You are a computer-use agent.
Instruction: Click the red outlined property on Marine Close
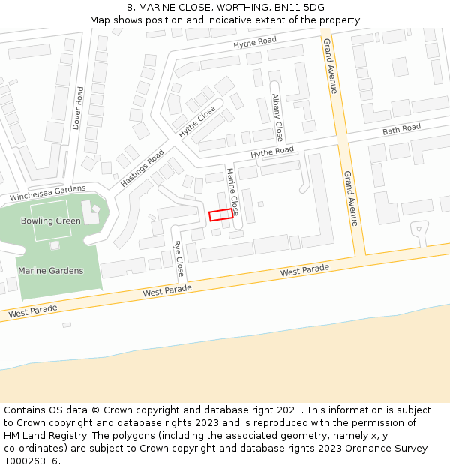pos(220,215)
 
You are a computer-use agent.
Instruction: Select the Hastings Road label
pos(142,168)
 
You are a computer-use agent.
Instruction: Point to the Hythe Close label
pos(197,121)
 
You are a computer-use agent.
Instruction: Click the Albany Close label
pos(277,117)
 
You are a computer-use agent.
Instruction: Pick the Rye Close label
pos(178,257)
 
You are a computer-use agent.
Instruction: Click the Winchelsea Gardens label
pos(47,193)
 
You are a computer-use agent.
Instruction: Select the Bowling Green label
pos(51,221)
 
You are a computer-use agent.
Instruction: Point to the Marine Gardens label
pos(51,271)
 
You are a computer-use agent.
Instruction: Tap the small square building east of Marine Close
pos(260,204)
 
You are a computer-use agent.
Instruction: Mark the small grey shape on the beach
pos(67,325)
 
